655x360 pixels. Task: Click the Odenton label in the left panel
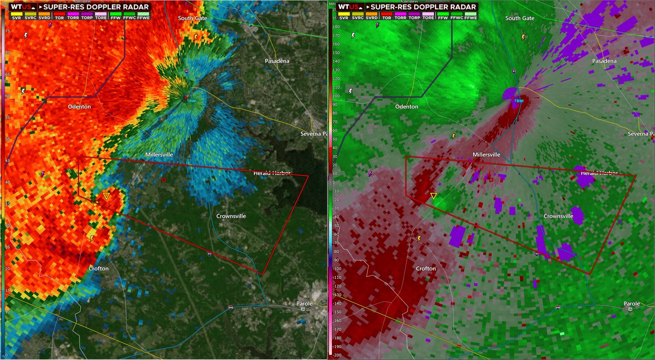pyautogui.click(x=80, y=107)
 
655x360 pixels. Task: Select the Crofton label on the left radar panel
pyautogui.click(x=98, y=268)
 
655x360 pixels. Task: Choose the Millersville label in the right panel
pyautogui.click(x=486, y=155)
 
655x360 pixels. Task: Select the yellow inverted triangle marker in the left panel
pyautogui.click(x=106, y=195)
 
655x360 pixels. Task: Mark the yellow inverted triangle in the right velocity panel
pyautogui.click(x=433, y=195)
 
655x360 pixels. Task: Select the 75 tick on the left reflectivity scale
pyautogui.click(x=7, y=31)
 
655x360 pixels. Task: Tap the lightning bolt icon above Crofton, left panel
pyautogui.click(x=92, y=238)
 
